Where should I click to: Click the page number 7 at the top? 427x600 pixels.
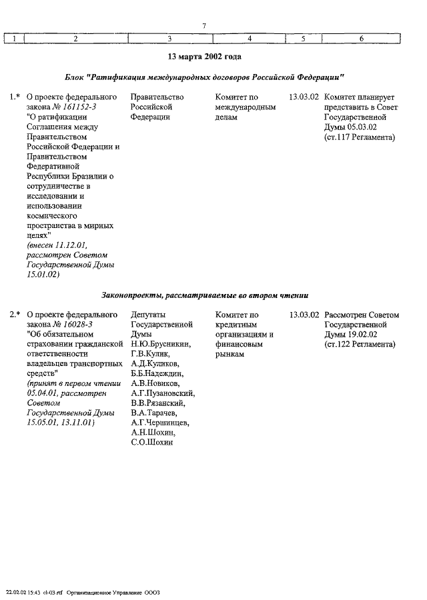coord(203,26)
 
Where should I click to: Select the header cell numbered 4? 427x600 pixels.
coord(248,39)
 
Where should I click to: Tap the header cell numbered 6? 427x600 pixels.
coord(361,39)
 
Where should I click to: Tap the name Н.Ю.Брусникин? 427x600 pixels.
coord(161,344)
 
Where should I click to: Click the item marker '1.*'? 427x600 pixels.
coord(15,97)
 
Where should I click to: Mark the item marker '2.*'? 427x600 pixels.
coord(15,314)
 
